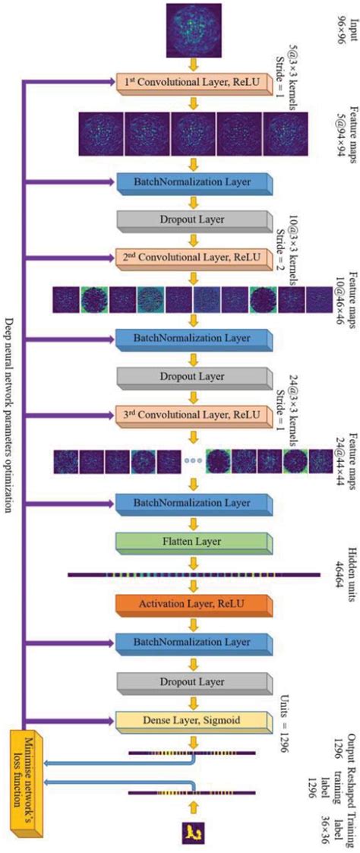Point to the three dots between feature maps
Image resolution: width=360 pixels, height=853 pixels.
194,460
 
